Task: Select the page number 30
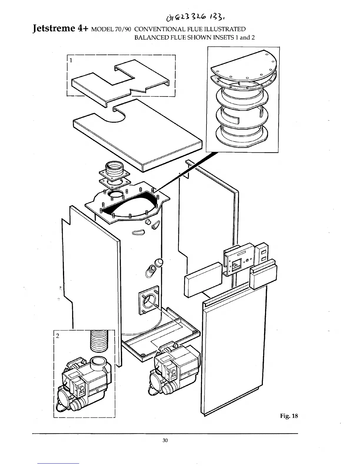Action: click(165, 440)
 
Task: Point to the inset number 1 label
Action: click(71, 60)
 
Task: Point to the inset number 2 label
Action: click(58, 336)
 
